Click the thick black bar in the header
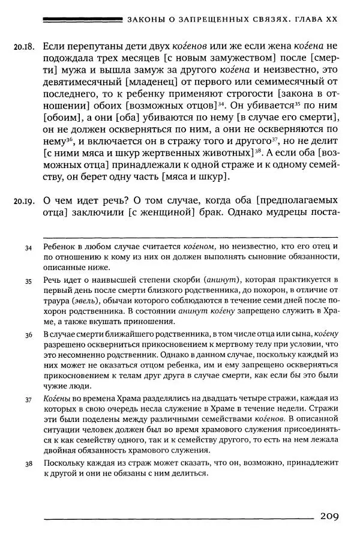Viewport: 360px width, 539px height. click(84, 20)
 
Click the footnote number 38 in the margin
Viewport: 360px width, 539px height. click(28, 464)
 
